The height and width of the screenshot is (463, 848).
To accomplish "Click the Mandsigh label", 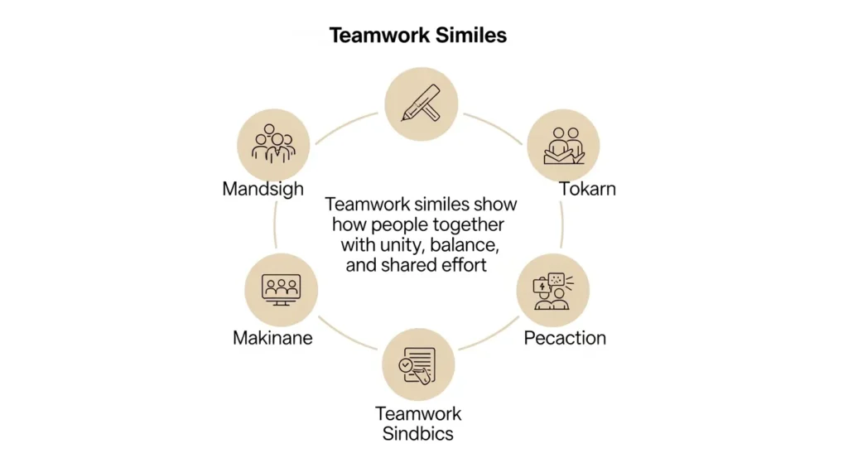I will pos(263,189).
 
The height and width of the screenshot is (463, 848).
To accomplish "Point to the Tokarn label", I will pos(587,189).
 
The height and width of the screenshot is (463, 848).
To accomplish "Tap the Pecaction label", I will pos(565,338).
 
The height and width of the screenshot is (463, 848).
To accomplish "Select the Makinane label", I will pos(272,338).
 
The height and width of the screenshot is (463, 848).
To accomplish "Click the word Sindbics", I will pos(418,433).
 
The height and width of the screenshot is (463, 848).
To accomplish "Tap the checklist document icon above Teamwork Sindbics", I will pos(418,364).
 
